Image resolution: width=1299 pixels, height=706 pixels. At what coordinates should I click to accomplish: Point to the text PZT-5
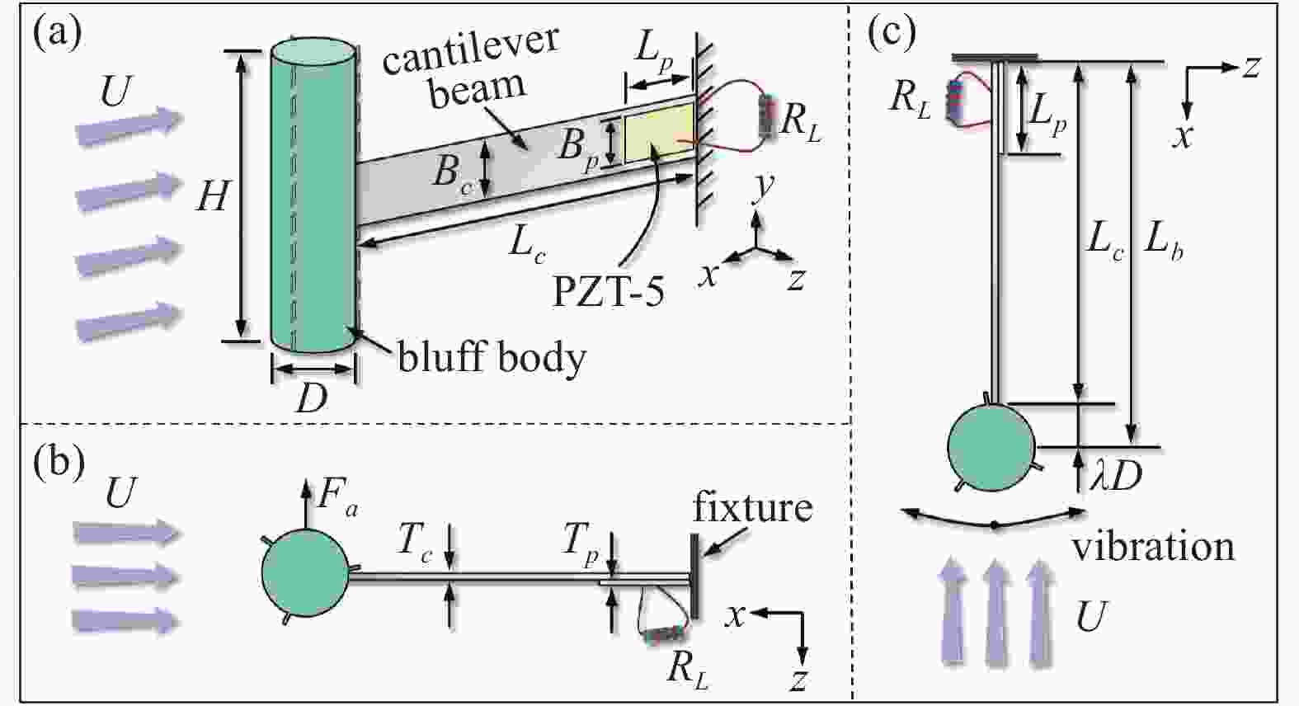coord(608,293)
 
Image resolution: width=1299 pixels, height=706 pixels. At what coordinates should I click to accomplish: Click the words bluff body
coord(492,358)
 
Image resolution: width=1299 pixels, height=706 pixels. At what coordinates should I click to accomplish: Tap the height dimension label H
coord(212,198)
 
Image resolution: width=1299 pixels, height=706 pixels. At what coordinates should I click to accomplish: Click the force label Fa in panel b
coord(338,499)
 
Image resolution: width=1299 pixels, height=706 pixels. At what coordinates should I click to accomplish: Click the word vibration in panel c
coord(1153,546)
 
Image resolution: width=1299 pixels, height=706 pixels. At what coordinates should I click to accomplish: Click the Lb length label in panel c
coord(1164,241)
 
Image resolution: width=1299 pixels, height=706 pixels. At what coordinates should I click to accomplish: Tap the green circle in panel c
coord(991,445)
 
